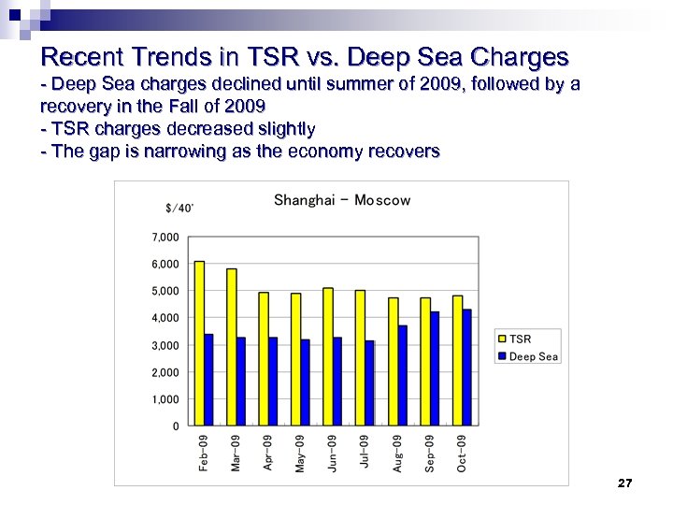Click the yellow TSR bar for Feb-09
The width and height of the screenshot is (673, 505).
pos(199,343)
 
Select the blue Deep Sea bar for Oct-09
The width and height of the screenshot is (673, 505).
pos(467,368)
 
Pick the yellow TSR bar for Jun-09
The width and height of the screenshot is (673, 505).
pos(328,356)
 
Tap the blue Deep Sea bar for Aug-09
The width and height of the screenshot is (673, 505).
pos(402,375)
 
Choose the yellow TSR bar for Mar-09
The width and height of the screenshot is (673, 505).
pos(232,347)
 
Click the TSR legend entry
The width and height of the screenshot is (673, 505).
pos(519,339)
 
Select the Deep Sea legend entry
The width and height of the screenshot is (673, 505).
pos(532,356)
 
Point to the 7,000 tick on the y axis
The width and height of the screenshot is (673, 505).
pos(166,238)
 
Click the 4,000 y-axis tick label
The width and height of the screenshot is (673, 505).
pos(166,318)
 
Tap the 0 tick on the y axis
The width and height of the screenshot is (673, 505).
pos(176,426)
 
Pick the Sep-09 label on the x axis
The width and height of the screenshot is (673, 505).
pos(429,453)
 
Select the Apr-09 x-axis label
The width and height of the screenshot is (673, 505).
pos(267,453)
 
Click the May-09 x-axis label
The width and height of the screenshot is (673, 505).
pos(300,453)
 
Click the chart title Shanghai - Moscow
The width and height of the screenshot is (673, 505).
pos(342,200)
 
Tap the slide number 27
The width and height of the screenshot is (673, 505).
pos(625,483)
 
